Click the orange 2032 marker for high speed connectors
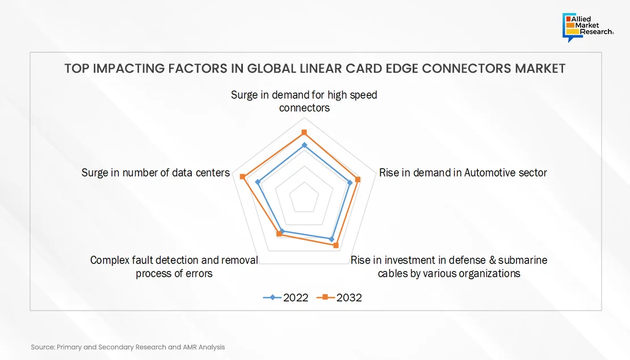[304, 132]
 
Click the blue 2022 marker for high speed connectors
[304, 145]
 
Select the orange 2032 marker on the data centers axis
[242, 177]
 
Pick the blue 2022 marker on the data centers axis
[258, 182]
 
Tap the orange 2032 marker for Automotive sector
[358, 179]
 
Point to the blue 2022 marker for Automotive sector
[350, 183]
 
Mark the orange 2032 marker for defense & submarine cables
[336, 245]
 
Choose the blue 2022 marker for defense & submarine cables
[331, 240]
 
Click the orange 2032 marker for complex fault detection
[279, 233]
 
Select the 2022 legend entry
[285, 298]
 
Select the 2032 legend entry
[339, 298]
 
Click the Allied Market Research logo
[588, 27]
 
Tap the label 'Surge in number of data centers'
[156, 173]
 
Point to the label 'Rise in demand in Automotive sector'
[463, 173]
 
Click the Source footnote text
[128, 347]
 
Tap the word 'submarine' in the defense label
[523, 261]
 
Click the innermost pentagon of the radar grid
[304, 197]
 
